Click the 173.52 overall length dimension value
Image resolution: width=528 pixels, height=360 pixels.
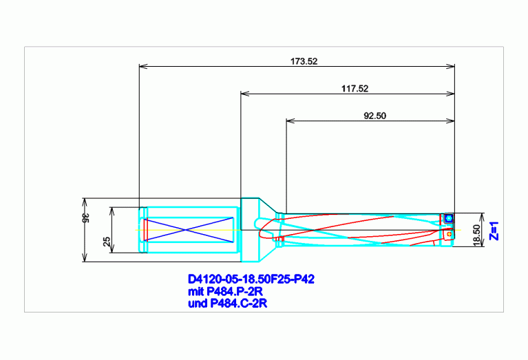click(304, 61)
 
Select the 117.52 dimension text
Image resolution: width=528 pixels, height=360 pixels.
click(355, 89)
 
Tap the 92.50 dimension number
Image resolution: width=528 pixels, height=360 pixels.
click(374, 116)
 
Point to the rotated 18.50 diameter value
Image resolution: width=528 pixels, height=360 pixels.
click(476, 235)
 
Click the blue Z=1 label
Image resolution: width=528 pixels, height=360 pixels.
click(494, 231)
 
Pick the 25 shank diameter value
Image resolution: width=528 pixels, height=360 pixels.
click(107, 241)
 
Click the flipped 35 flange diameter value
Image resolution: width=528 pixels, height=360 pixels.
click(86, 218)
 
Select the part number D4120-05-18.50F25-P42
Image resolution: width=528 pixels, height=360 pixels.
click(251, 279)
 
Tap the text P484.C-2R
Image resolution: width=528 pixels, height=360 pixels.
click(239, 304)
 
